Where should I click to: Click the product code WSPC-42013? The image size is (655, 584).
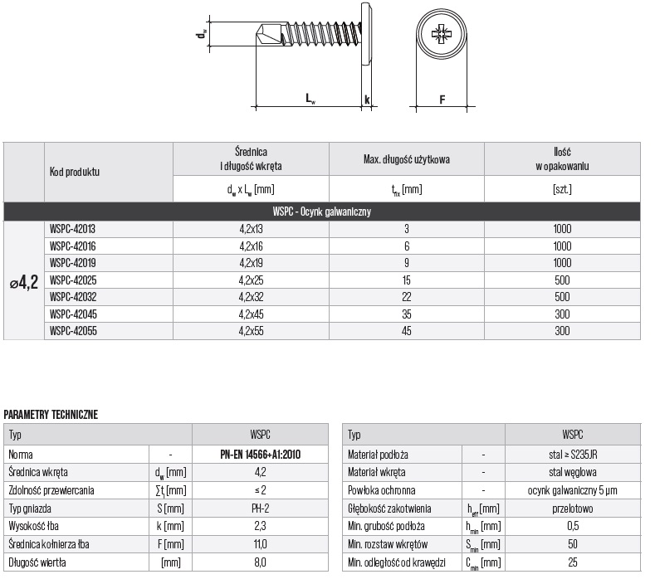click(72, 228)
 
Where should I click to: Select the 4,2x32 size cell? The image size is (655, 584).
click(251, 297)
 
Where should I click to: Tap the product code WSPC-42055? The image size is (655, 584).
click(72, 331)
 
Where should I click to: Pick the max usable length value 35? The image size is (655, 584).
click(407, 314)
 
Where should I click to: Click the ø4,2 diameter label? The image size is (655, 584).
click(24, 283)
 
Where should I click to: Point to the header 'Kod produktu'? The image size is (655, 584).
click(75, 173)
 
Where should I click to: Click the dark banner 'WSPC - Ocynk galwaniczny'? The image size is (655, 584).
click(322, 212)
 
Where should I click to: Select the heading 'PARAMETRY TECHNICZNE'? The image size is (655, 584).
click(51, 414)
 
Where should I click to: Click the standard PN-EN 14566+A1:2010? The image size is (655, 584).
click(260, 455)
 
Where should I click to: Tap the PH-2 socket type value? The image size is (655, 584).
click(260, 508)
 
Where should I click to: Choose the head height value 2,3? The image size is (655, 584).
click(260, 526)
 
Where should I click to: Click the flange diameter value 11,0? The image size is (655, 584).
click(260, 544)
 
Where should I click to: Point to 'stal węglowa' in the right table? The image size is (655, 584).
click(572, 472)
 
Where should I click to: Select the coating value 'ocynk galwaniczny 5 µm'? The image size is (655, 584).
click(572, 490)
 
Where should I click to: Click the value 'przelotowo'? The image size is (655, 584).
click(572, 509)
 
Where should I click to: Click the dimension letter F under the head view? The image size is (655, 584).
click(442, 100)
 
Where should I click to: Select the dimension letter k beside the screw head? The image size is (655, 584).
click(366, 100)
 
